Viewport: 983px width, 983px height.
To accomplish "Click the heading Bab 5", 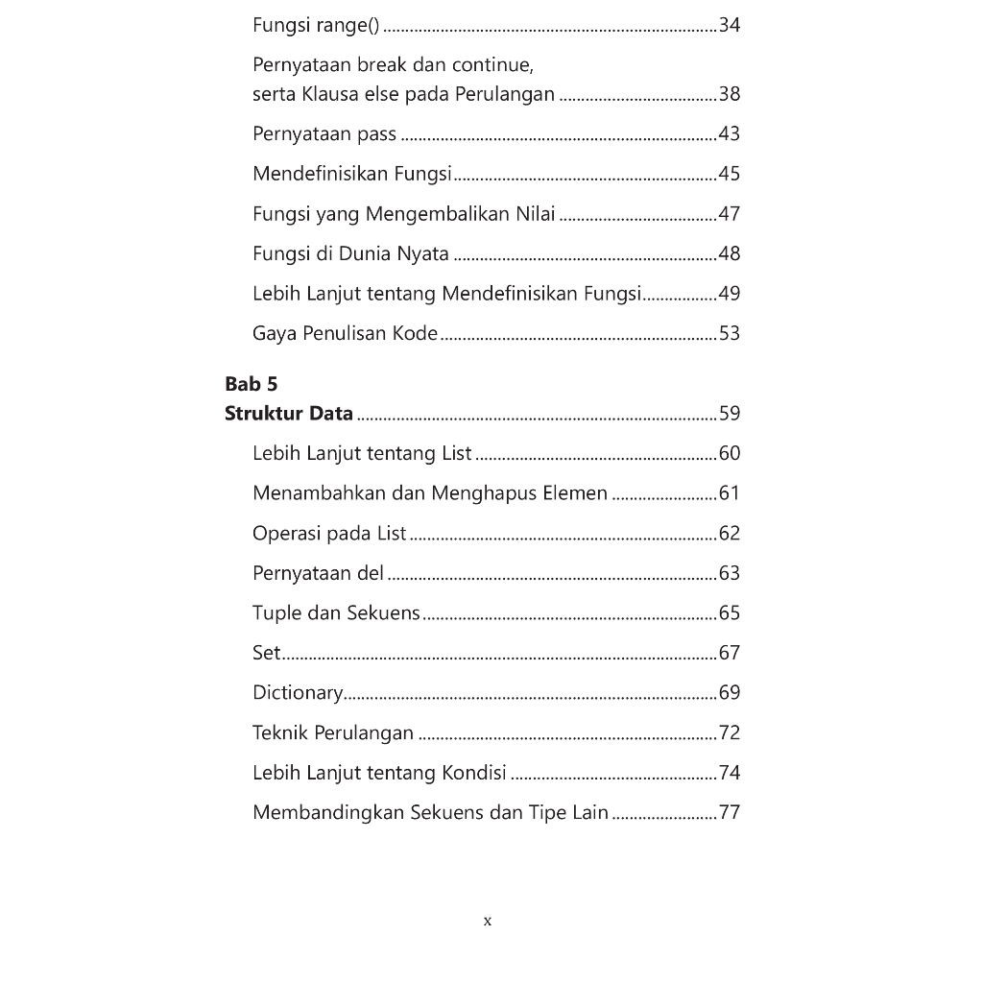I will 251,384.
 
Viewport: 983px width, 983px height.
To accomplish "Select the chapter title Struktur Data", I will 289,414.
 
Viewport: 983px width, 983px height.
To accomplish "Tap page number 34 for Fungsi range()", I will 730,25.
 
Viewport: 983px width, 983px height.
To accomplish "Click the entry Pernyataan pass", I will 324,134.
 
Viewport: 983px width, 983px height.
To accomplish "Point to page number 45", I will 730,174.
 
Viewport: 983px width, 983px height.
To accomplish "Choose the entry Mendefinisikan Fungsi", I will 352,174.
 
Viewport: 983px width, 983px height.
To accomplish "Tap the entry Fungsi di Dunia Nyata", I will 350,254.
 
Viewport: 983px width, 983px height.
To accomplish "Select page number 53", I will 730,334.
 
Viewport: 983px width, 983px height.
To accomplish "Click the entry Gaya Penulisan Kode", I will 345,334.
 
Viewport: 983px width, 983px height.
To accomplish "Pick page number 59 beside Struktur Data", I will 730,414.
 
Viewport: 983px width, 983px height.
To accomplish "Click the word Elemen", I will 573,493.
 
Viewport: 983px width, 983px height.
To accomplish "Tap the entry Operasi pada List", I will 329,534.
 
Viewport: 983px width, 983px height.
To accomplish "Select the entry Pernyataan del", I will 318,574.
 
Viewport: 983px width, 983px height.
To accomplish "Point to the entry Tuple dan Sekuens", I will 336,613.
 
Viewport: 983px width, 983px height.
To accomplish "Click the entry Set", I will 266,654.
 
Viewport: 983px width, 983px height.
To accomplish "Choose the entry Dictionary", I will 297,693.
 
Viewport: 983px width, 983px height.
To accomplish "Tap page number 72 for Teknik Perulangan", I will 730,733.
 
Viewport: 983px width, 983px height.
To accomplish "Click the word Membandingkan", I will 328,813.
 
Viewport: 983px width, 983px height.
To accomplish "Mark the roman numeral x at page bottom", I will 488,922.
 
